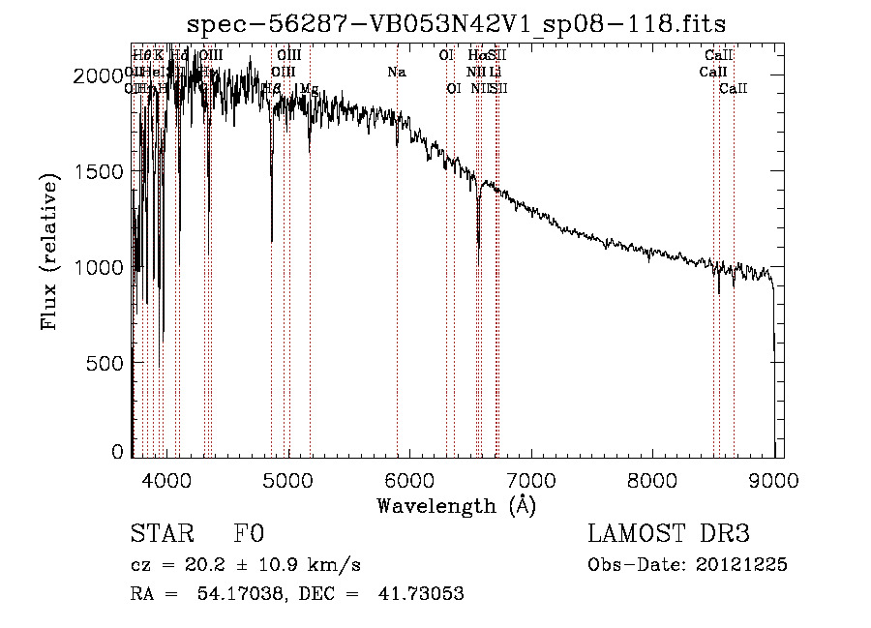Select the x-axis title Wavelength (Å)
(x=456, y=505)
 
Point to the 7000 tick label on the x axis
(x=530, y=478)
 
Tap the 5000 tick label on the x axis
(x=287, y=478)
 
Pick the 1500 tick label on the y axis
(x=102, y=171)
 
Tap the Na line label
(x=397, y=73)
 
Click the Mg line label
(x=308, y=89)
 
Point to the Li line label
(x=495, y=73)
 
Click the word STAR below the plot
(x=155, y=534)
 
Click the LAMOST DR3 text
(x=669, y=534)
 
